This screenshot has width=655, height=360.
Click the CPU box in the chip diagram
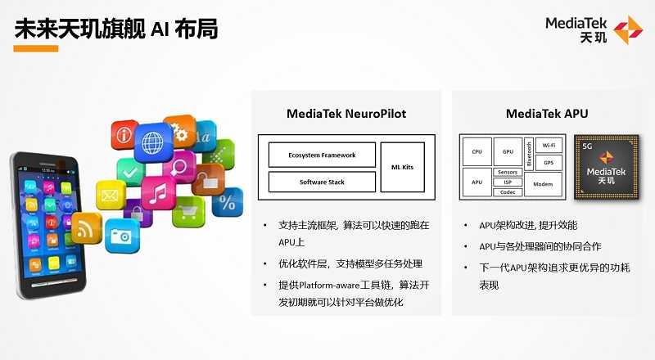click(477, 151)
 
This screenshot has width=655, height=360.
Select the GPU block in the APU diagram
click(508, 151)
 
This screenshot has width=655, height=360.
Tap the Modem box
click(543, 184)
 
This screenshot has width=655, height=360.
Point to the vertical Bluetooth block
click(529, 152)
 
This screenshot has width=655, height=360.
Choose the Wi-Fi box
click(549, 146)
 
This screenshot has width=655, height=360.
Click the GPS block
click(549, 162)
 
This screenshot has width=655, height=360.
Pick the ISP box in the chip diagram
click(508, 182)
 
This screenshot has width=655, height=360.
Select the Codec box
click(508, 192)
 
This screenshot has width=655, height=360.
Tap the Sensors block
click(508, 173)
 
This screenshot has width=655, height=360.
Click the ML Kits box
click(402, 167)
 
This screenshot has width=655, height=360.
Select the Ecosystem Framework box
click(321, 155)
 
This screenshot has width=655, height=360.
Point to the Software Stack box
click(321, 181)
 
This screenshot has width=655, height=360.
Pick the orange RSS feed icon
click(84, 227)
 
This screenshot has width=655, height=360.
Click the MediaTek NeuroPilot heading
click(346, 113)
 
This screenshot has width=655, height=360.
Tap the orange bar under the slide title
click(36, 48)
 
